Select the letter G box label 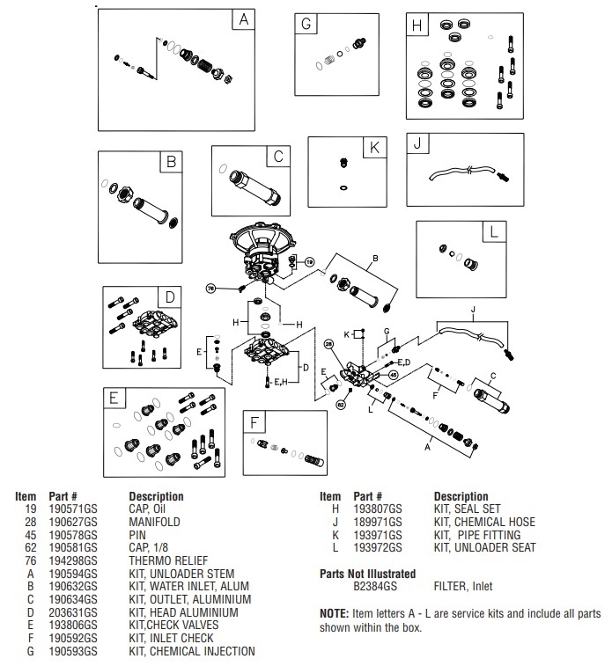click(x=306, y=26)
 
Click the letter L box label click(x=494, y=231)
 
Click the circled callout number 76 click(x=210, y=288)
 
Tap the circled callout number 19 click(x=309, y=262)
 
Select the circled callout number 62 click(x=340, y=403)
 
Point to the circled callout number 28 click(x=328, y=343)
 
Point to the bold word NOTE click(x=335, y=612)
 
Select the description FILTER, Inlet click(x=463, y=586)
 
